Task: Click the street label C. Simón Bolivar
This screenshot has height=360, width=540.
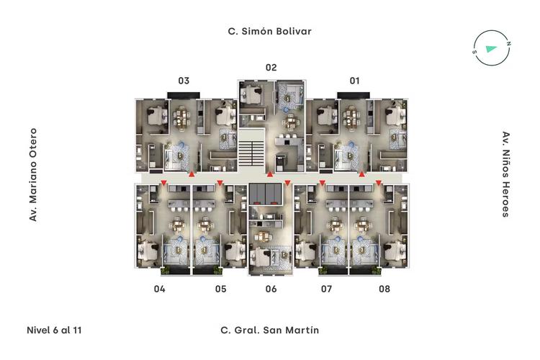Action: point(270,32)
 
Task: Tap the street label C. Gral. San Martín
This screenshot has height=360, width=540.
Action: point(270,330)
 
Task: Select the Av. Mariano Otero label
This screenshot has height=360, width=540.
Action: point(32,175)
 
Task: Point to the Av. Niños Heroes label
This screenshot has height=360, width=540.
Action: point(505,174)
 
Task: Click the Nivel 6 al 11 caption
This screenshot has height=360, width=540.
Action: point(54,330)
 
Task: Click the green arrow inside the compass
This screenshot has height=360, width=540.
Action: point(491,48)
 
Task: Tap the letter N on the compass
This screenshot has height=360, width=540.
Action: point(508,43)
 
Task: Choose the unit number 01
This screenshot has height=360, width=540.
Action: point(355,81)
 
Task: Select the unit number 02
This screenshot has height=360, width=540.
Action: point(271,67)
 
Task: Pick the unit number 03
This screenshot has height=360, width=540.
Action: point(184,81)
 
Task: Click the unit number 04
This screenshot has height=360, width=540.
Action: point(159,289)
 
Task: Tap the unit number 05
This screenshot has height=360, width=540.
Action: point(221,289)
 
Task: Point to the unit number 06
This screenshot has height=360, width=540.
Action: point(271,289)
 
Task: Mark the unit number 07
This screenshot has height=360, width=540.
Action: point(326,289)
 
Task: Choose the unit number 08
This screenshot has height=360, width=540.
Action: point(384,289)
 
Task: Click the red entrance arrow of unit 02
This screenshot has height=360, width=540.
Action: point(270,174)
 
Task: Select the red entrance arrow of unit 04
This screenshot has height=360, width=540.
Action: point(164,182)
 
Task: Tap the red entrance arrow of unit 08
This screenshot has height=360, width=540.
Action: point(379,183)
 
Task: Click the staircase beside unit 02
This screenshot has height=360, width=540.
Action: point(252,150)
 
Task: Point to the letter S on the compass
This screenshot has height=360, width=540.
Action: point(474,52)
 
